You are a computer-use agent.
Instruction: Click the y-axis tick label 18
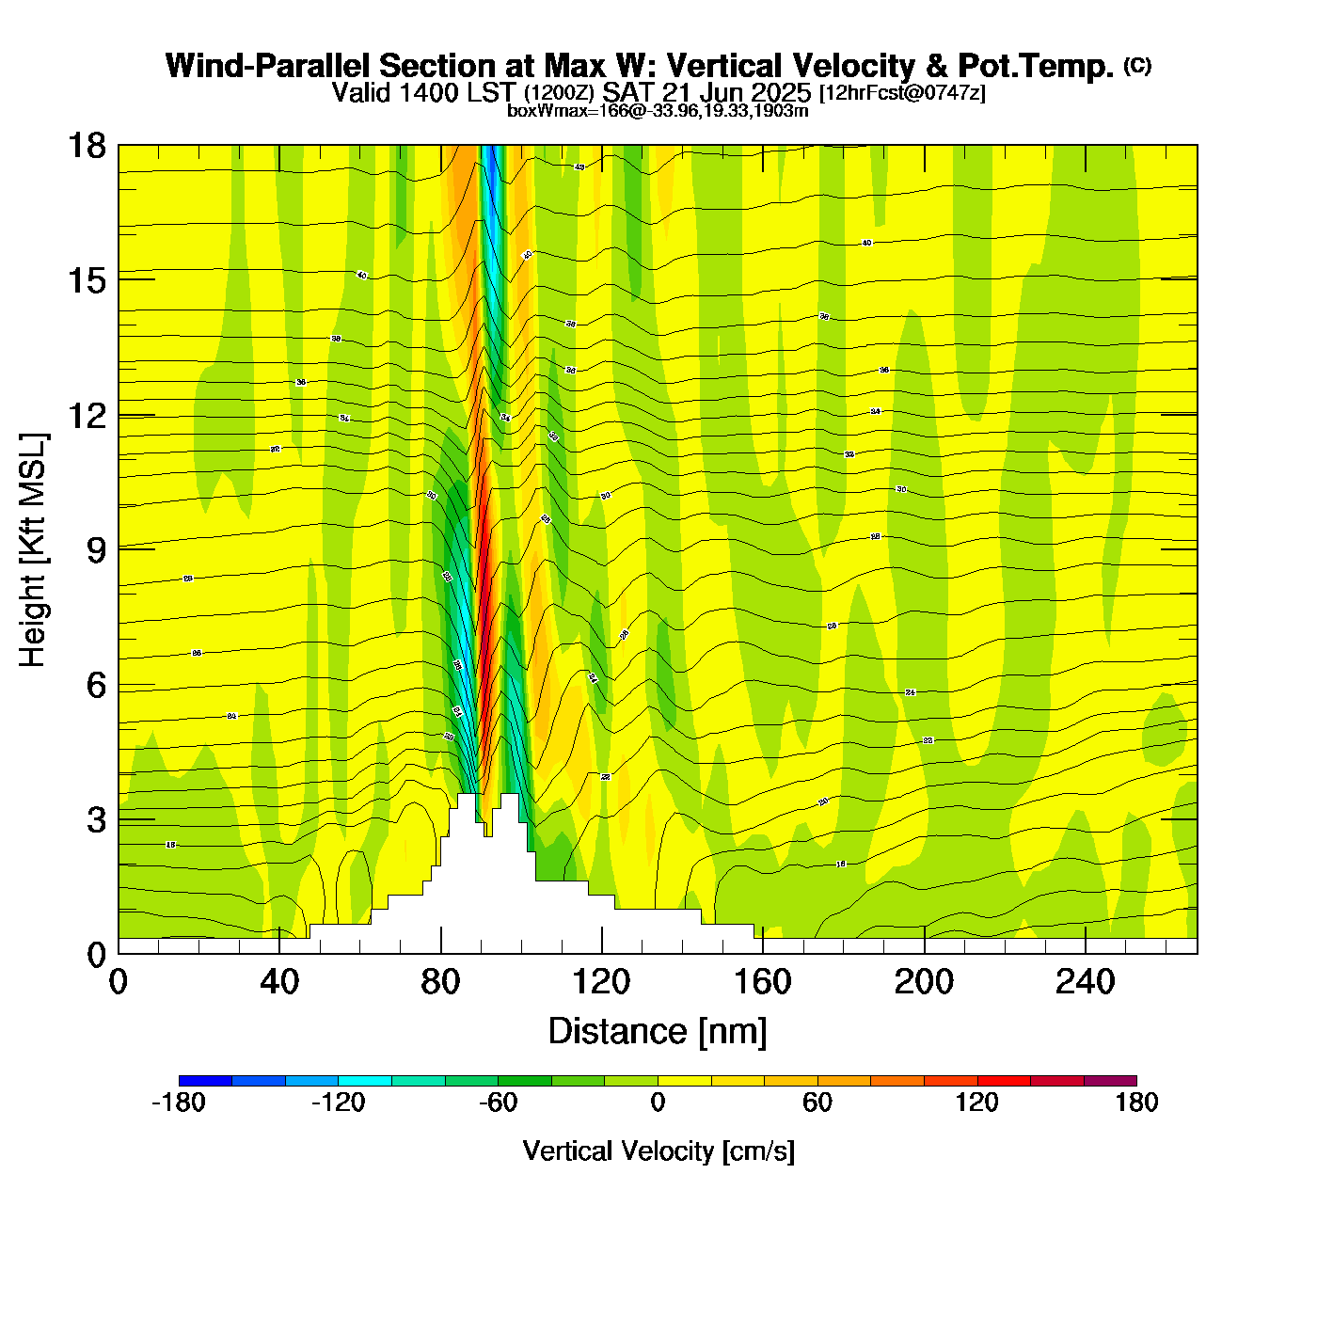[x=86, y=146]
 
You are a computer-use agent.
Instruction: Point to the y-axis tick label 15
[x=86, y=280]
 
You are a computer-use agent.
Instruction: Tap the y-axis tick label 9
[x=96, y=550]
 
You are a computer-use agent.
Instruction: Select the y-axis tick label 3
[x=96, y=820]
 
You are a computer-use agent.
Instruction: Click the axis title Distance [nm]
[x=658, y=1031]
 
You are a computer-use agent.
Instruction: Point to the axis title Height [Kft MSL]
[x=33, y=550]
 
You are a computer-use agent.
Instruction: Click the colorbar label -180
[x=179, y=1103]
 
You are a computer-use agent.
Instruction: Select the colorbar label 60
[x=817, y=1103]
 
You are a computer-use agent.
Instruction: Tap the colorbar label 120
[x=977, y=1103]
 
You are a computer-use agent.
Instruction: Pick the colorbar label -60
[x=499, y=1103]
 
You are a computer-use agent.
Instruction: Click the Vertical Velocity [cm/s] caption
[x=658, y=1150]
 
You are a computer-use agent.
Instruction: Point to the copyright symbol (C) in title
[x=1137, y=65]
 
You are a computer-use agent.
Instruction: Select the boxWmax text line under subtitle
[x=658, y=110]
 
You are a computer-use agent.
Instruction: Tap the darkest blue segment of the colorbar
[x=205, y=1080]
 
